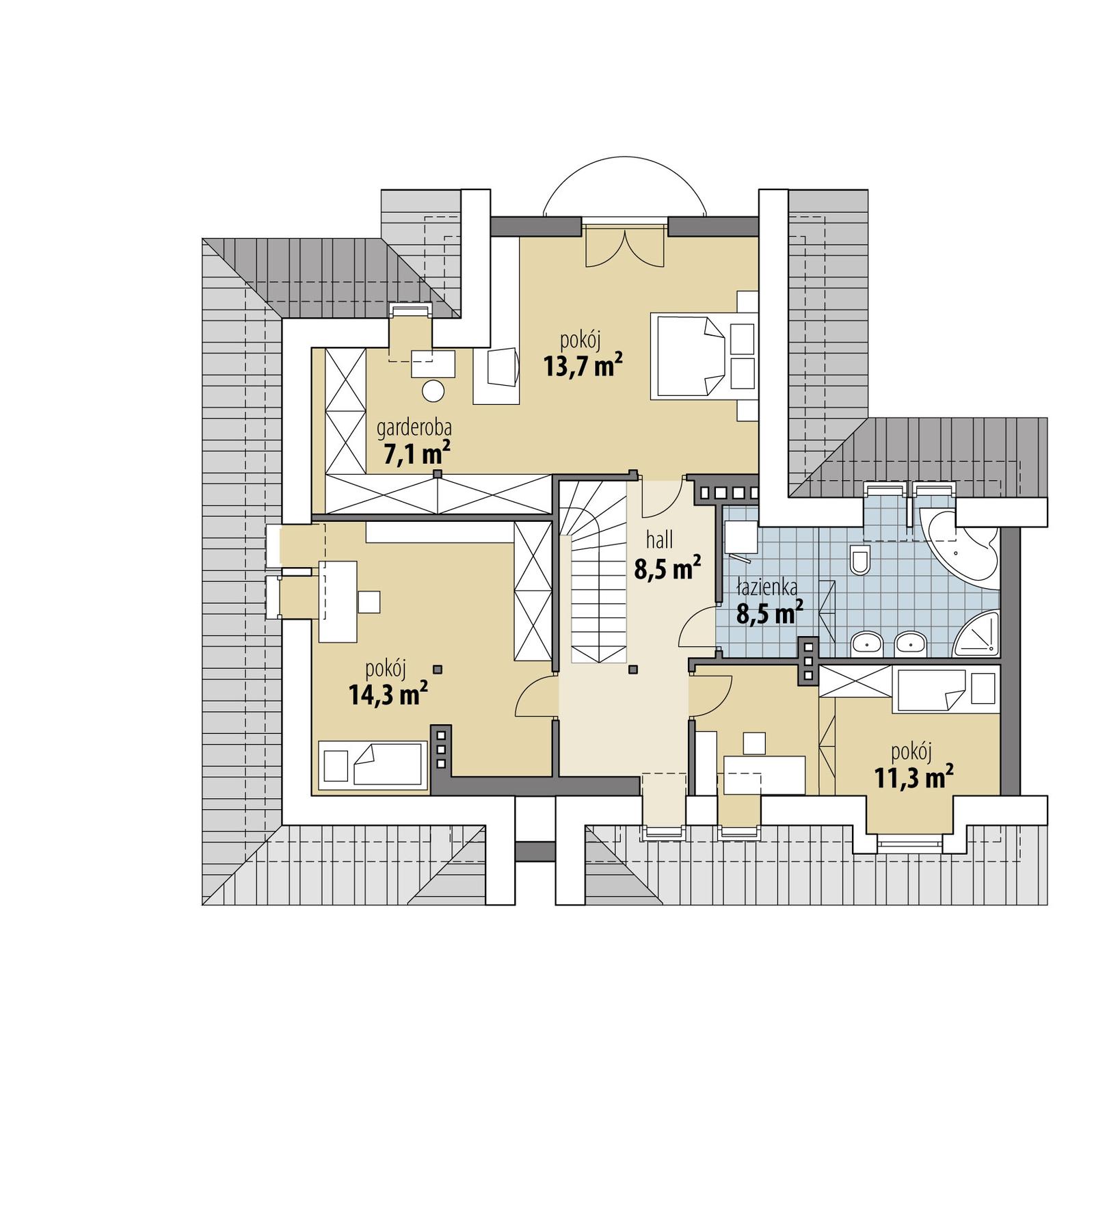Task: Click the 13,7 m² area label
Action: click(583, 366)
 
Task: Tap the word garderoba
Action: click(414, 428)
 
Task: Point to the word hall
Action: click(659, 540)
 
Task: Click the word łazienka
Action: click(766, 587)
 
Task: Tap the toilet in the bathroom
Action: click(859, 560)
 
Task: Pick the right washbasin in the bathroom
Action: click(910, 643)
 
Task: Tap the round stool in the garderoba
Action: click(433, 391)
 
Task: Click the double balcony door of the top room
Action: click(624, 248)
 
